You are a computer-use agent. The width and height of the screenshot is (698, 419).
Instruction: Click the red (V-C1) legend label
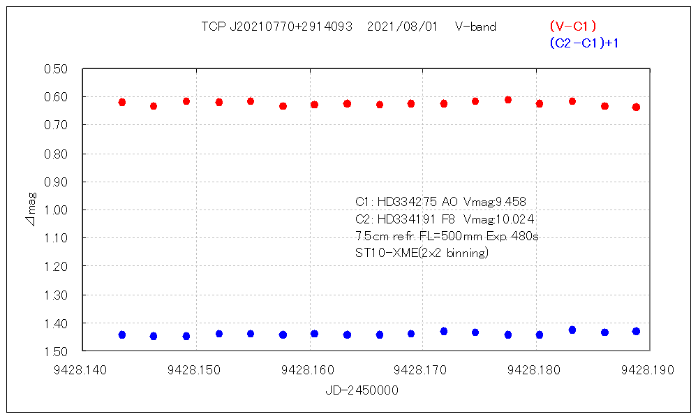tap(572, 27)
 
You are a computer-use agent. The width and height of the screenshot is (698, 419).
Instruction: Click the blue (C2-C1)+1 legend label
tap(585, 43)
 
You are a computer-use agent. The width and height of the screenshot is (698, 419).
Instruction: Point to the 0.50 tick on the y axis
tap(55, 69)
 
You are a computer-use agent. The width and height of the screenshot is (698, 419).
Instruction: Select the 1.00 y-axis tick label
tap(55, 210)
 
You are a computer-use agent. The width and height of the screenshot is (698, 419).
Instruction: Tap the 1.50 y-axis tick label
tap(55, 351)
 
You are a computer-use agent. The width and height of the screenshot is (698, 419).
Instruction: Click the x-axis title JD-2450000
tap(362, 391)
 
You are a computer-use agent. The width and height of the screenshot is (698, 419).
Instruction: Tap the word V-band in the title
tap(475, 27)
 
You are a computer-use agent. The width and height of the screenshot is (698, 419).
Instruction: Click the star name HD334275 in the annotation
tap(406, 202)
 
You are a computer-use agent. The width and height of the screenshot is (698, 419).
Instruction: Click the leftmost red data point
tap(122, 102)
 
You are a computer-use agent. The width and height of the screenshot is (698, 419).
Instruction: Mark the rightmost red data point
tap(636, 107)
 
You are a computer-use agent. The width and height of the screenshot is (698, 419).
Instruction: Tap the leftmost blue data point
tap(122, 335)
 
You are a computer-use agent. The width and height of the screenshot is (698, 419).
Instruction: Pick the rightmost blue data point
tap(636, 331)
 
